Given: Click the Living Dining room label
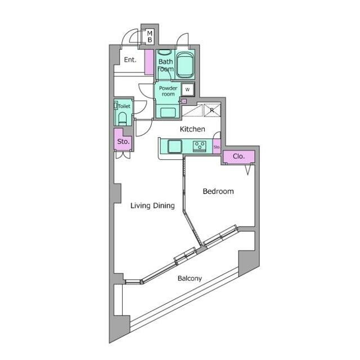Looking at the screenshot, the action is click(x=152, y=205).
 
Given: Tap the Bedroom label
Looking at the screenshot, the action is click(x=218, y=191).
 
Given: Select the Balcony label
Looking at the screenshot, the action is click(x=190, y=278).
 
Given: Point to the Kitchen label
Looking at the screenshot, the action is click(x=192, y=129).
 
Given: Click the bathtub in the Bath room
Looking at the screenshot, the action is click(x=184, y=65).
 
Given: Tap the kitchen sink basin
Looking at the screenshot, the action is click(x=175, y=146).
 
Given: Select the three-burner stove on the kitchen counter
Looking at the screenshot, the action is click(x=200, y=146).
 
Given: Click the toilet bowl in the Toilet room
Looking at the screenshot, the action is click(x=123, y=119).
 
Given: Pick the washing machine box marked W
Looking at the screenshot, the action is click(x=187, y=89).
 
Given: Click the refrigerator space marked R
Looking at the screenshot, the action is click(x=212, y=110).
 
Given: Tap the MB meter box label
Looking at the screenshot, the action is click(x=150, y=37).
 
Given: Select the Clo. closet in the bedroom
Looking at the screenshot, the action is click(x=238, y=156).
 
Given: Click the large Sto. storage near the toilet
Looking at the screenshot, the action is click(x=123, y=140).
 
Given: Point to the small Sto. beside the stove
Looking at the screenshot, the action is click(x=217, y=146).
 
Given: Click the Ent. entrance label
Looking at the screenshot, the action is click(x=130, y=60).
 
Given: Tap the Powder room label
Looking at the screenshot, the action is click(x=168, y=91).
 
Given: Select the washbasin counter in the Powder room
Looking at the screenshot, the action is click(x=168, y=112).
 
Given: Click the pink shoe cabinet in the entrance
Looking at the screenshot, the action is click(x=149, y=62).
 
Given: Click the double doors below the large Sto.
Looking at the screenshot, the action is click(x=123, y=155).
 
